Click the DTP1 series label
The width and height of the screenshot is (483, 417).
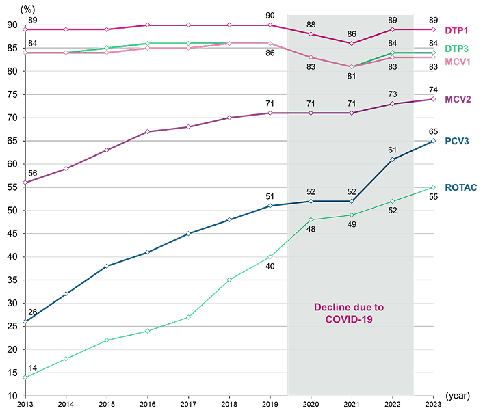[456, 31]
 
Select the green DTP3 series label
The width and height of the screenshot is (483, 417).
[457, 49]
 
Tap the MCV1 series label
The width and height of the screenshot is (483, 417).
[458, 62]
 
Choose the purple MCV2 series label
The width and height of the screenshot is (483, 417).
[458, 99]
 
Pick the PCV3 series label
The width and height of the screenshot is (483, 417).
[457, 141]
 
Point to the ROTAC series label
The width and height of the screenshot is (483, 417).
[461, 187]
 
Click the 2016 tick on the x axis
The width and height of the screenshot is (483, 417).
[147, 404]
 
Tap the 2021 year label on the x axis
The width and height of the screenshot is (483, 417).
[352, 404]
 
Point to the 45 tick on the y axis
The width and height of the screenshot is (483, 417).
[12, 234]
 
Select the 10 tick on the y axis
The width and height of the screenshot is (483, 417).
[12, 396]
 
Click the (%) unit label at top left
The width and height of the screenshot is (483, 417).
[27, 10]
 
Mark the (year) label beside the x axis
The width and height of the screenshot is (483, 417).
[458, 395]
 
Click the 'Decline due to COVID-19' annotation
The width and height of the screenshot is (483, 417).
[349, 313]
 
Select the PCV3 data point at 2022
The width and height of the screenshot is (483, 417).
[393, 159]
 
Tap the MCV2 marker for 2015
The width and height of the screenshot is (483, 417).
[107, 150]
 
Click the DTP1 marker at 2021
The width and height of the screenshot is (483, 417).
[352, 43]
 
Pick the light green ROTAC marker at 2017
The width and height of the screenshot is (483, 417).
[188, 317]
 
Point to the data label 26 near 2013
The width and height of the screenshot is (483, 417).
[33, 312]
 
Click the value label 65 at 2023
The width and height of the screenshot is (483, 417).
[434, 132]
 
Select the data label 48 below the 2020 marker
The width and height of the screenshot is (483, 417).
[311, 229]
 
